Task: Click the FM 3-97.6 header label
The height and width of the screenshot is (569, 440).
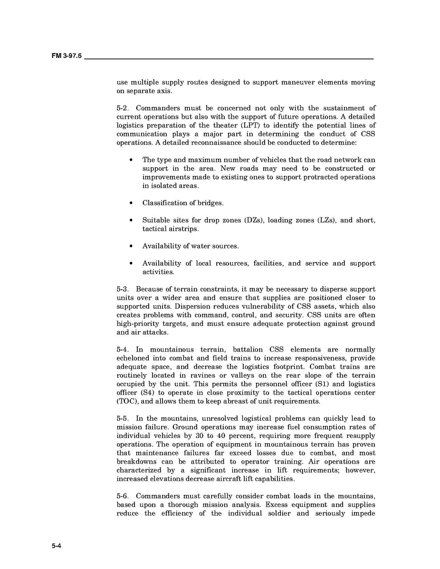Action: pyautogui.click(x=67, y=56)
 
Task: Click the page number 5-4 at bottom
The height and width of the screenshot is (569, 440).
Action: pyautogui.click(x=57, y=546)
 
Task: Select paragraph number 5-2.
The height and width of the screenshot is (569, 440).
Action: pyautogui.click(x=122, y=108)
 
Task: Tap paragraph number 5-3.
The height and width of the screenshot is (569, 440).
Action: pyautogui.click(x=122, y=289)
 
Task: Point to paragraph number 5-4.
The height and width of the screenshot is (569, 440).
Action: pyautogui.click(x=122, y=350)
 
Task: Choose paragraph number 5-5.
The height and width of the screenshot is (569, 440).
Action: pyautogui.click(x=122, y=418)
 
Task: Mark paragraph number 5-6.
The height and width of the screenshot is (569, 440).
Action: pyautogui.click(x=122, y=496)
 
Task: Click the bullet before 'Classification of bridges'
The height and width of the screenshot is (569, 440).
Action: pyautogui.click(x=131, y=203)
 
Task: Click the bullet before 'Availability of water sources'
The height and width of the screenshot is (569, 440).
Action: pyautogui.click(x=131, y=246)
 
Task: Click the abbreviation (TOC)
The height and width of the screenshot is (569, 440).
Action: pyautogui.click(x=127, y=401)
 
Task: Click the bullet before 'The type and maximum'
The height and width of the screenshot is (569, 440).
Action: pyautogui.click(x=131, y=160)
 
